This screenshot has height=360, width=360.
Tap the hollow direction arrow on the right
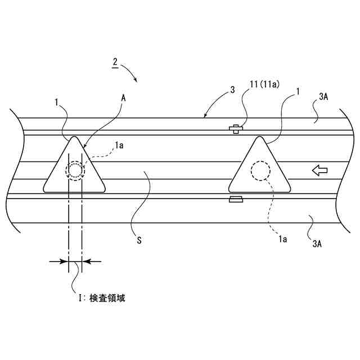[319, 170]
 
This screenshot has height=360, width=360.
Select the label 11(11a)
[264, 84]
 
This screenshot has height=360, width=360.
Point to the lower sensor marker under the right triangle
[236, 199]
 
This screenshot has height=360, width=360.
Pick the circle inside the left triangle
[75, 169]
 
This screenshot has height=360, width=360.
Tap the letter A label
[123, 97]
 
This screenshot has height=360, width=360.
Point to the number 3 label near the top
[233, 88]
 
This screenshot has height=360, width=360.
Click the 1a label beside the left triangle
[119, 146]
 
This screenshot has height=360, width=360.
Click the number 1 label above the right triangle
[296, 91]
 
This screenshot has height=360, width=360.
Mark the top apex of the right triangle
[259, 137]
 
